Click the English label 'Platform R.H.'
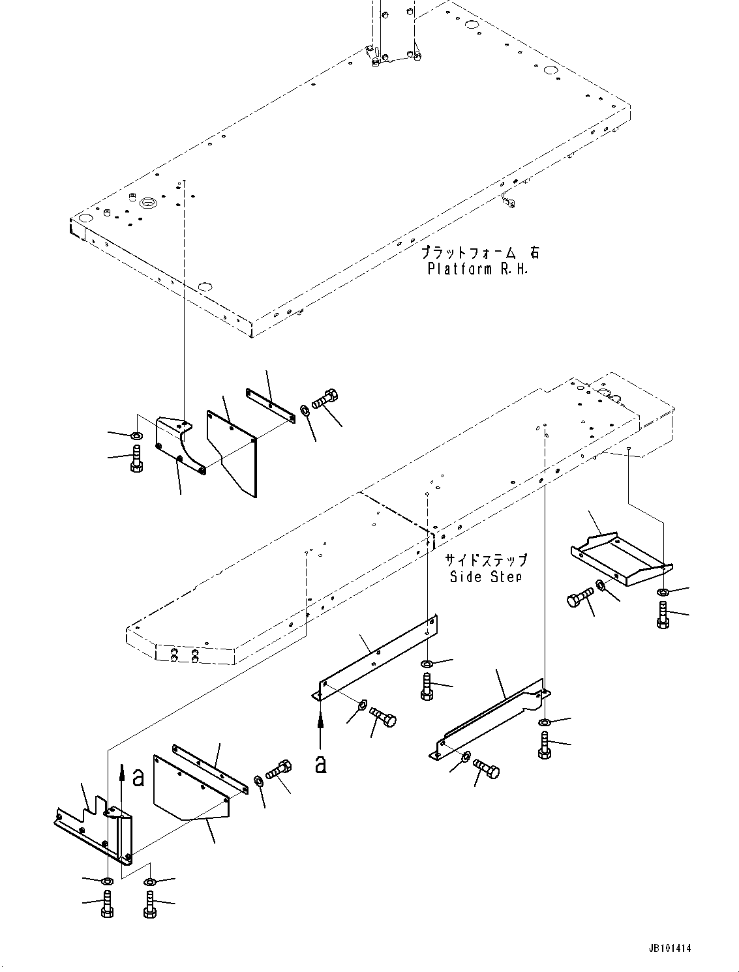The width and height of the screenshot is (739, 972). tap(477, 269)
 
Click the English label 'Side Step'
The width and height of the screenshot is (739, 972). tap(486, 576)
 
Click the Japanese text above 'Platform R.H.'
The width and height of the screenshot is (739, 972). tap(480, 252)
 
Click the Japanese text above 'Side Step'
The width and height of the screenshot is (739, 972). tap(486, 560)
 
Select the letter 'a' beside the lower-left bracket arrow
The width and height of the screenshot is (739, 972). tap(138, 777)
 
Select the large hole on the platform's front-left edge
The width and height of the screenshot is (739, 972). tap(205, 287)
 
